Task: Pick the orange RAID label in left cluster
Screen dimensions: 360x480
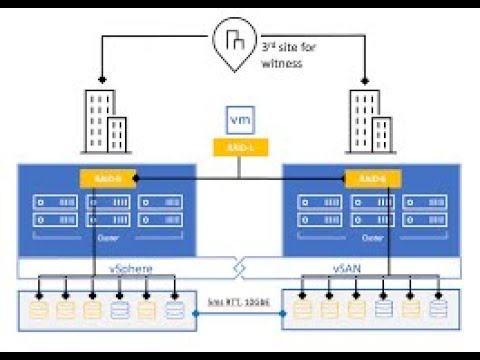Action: tap(108, 178)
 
